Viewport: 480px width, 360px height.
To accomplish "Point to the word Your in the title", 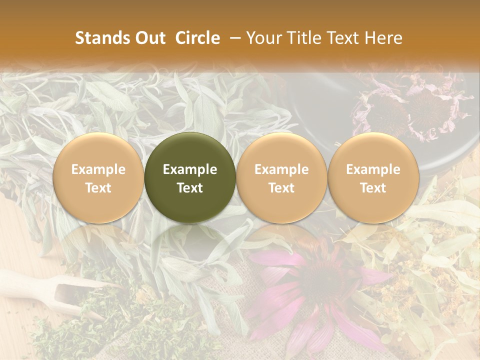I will click(263, 38).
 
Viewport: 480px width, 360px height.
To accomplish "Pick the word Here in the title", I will click(384, 38).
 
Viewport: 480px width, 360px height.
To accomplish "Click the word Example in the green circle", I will click(190, 169).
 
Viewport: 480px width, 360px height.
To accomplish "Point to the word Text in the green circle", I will click(190, 188).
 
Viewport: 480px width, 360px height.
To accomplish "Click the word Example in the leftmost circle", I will click(98, 169).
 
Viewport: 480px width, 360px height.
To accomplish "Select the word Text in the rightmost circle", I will click(373, 188).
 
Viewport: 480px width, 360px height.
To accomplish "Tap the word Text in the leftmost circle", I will click(98, 188).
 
